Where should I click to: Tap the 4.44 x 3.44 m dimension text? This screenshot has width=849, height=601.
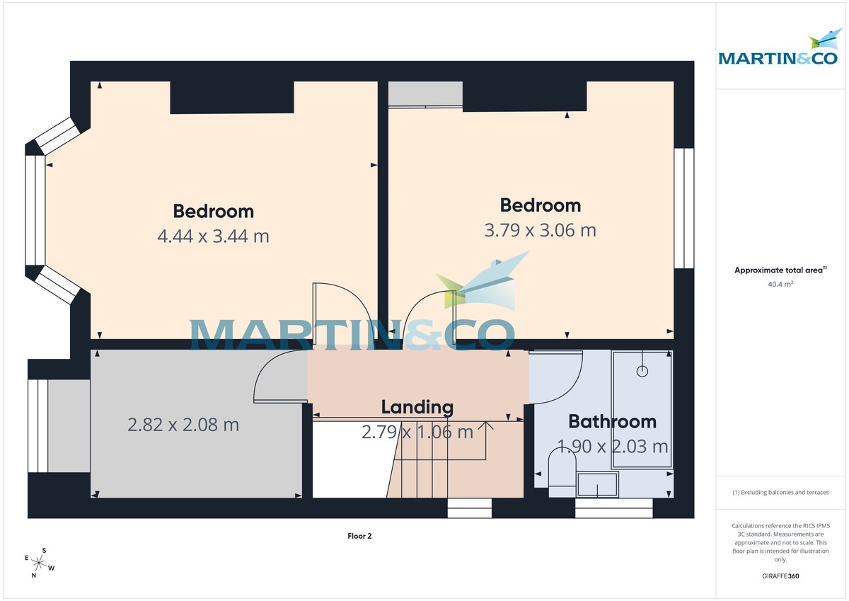(213, 236)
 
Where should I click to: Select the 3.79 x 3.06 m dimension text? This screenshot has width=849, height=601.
(540, 230)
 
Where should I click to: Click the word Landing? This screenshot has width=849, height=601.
(417, 407)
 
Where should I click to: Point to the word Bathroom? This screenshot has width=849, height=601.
(612, 422)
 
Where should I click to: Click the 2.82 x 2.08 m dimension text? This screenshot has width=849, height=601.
(183, 425)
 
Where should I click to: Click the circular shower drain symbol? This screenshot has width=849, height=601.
(642, 371)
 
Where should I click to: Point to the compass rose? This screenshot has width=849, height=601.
(40, 563)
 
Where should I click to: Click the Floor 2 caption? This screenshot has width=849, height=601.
(359, 536)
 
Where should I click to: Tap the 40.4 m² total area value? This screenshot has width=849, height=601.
(780, 285)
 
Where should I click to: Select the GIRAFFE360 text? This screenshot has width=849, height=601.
(780, 576)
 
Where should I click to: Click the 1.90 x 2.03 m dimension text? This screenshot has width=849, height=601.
(612, 447)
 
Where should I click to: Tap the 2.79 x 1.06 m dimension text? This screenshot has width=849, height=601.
(417, 432)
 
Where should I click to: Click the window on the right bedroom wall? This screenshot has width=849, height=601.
(683, 208)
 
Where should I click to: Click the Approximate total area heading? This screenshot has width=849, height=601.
(780, 270)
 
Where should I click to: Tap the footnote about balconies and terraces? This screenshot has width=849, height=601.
(780, 492)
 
